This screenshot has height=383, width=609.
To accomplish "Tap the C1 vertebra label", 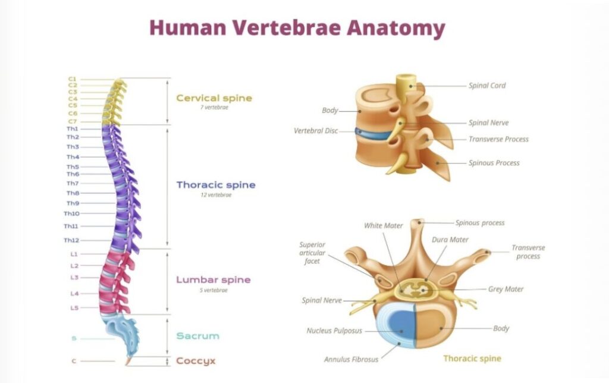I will coord(72,79).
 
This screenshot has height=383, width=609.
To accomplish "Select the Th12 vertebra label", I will coord(71,240).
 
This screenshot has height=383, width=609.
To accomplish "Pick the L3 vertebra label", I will coord(74,278).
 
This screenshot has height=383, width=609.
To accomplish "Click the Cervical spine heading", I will coord(214,98).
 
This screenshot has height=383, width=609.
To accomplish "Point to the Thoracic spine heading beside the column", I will coord(216,185).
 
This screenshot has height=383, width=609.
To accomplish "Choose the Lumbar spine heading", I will coord(214,280).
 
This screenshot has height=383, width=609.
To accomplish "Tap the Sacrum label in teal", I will coord(197,336).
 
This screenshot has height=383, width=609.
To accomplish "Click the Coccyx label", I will coord(196,361).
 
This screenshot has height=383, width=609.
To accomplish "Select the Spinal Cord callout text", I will coord(487,86).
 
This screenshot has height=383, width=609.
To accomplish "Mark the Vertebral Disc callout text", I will coord(315,131).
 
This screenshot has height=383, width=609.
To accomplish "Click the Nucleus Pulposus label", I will coord(334,331).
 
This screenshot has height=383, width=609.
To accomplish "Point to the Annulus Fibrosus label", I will coord(351,359).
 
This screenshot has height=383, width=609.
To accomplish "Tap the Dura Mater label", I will coord(450,240).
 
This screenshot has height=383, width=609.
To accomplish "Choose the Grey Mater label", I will coord(506,290).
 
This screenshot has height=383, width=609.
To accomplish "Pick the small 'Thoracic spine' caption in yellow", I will coord(472,359).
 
